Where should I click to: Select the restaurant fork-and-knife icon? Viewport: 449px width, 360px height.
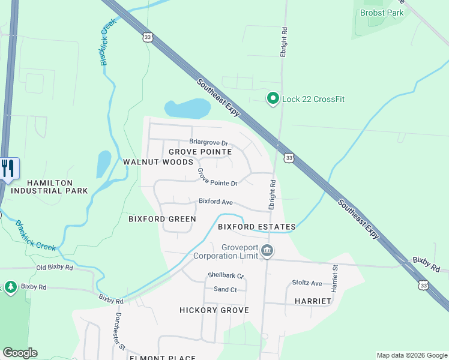8,169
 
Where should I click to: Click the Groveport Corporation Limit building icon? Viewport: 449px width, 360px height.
268,250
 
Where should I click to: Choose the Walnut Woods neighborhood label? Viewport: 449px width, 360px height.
158,162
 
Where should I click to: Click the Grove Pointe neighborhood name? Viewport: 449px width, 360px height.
200,152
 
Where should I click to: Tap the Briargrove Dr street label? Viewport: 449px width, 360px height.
209,143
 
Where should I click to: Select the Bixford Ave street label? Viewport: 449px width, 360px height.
215,202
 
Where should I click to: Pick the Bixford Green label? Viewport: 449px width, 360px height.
162,219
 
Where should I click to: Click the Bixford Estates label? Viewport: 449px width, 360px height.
256,227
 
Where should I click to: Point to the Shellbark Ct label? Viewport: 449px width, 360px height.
226,276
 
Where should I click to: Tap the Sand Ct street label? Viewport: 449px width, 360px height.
226,290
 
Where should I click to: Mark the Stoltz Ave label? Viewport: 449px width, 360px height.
307,283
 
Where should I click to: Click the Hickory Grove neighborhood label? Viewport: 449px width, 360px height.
214,310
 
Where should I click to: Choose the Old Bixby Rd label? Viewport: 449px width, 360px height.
54,267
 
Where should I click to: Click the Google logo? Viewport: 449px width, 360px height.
20,353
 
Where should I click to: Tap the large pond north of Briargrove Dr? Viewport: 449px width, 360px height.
188,109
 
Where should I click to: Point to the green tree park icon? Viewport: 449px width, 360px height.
11,288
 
